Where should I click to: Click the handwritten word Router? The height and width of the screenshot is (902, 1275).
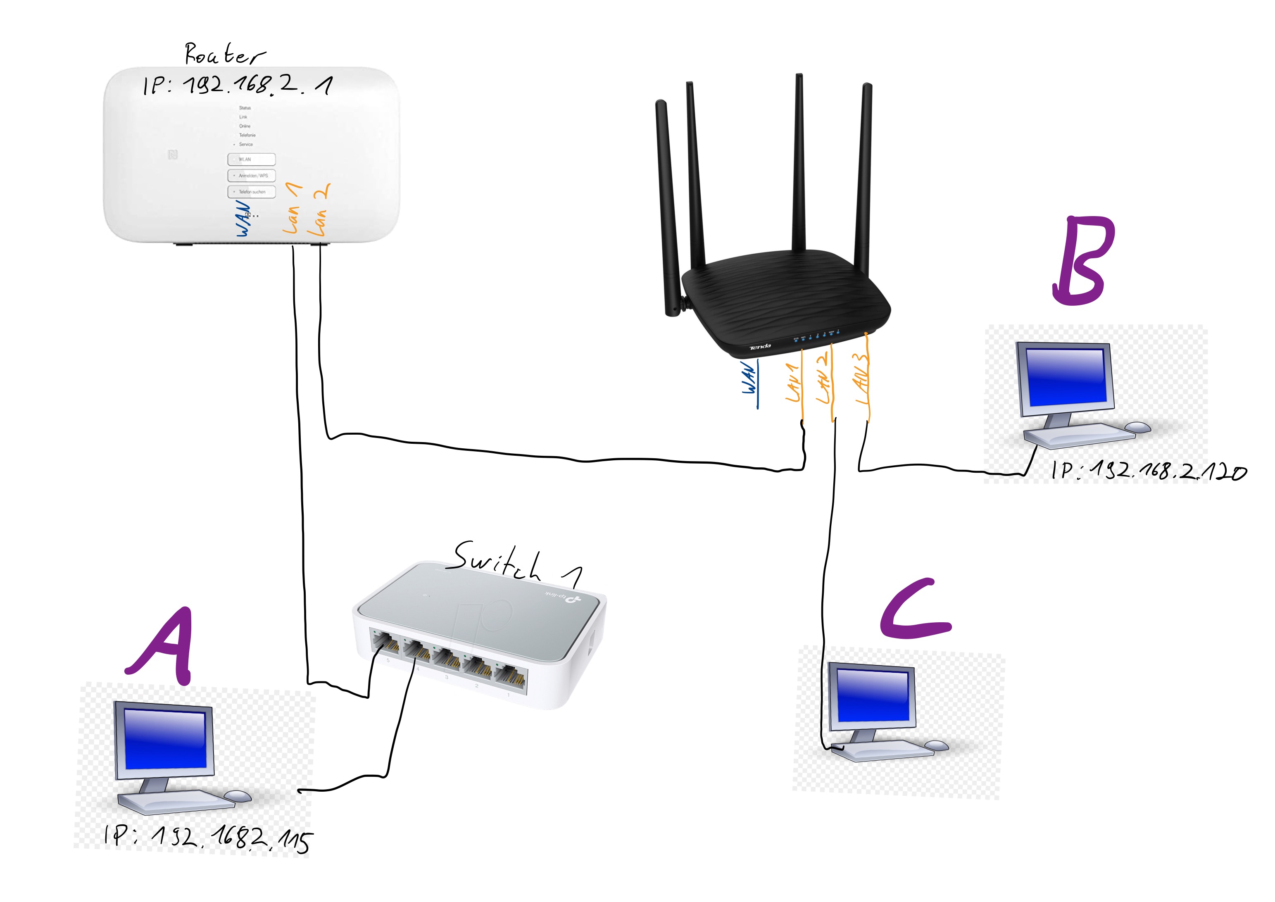224,55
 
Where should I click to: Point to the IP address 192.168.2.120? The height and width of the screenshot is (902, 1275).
1149,471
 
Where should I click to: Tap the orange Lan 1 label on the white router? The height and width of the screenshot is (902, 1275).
292,208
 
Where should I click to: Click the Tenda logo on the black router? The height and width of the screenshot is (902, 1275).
760,347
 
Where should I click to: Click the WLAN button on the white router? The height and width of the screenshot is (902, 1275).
251,159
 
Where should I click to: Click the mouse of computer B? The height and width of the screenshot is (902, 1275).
1138,426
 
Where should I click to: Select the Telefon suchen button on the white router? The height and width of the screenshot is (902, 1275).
251,192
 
